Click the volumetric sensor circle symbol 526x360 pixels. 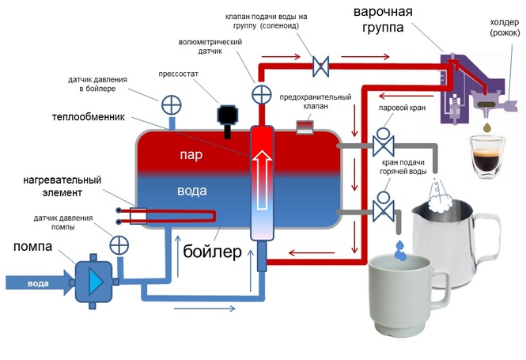coord(261,95)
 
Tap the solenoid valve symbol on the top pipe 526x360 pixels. coord(321,65)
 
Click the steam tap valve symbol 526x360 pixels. coord(384,142)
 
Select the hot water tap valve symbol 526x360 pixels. coord(384,209)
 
